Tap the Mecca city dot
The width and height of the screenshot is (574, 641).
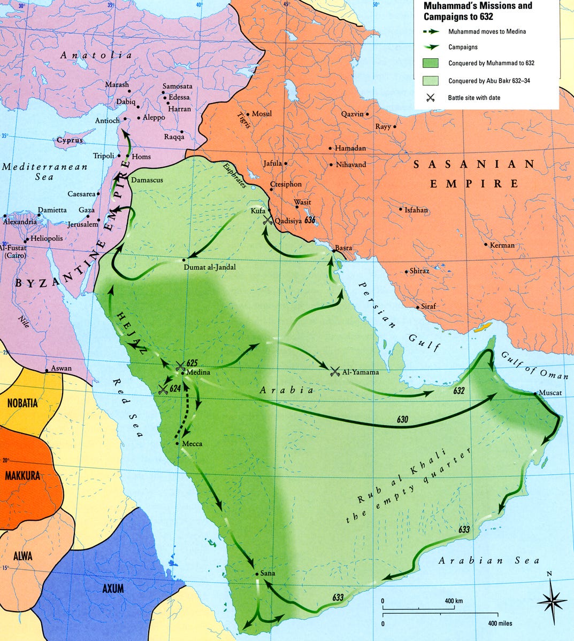177,443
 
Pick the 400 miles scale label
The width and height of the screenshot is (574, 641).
500,623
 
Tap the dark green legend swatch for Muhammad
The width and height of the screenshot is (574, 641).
431,63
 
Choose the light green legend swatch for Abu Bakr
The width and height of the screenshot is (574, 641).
431,81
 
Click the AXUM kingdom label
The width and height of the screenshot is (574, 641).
113,589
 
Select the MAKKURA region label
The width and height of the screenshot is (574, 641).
23,475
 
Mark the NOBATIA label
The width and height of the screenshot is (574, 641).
22,403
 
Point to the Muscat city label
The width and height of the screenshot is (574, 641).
550,393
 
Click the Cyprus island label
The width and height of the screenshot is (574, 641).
70,140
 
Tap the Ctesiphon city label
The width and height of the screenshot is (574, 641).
286,184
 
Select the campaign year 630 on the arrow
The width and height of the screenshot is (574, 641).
403,420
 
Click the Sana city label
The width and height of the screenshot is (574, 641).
268,573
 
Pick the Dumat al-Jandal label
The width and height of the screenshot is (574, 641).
209,267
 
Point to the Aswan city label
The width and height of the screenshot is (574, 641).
61,369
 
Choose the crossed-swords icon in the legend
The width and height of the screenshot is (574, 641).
430,98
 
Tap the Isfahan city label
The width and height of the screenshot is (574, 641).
417,210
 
